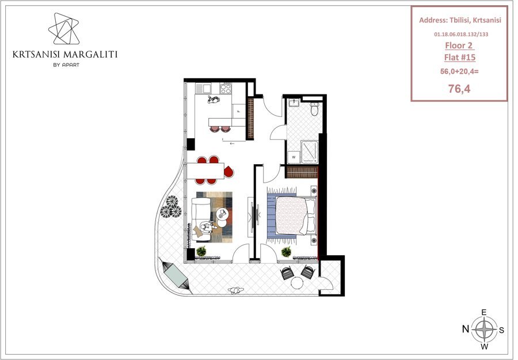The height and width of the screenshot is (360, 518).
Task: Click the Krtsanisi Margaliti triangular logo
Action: coord(64,29)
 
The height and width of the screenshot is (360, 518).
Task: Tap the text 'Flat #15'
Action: coord(459,57)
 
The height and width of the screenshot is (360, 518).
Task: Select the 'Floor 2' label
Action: coord(459,46)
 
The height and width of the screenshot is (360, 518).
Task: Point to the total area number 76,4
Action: coord(459,88)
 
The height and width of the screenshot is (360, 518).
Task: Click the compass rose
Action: coord(484,329)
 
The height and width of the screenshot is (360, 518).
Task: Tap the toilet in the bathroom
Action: coord(314,109)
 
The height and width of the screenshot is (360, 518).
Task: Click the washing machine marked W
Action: coord(294,157)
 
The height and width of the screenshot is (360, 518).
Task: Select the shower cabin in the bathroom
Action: coord(309,151)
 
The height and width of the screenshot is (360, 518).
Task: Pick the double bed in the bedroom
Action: coord(296,215)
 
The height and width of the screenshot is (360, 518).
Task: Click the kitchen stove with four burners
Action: coord(226,88)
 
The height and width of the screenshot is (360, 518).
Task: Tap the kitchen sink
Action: coord(203,88)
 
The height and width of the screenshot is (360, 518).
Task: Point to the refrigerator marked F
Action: coord(238,111)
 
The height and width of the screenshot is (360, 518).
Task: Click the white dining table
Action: coord(205,170)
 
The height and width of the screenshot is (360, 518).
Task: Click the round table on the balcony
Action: coord(297,283)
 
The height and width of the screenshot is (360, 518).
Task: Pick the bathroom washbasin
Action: coord(294,103)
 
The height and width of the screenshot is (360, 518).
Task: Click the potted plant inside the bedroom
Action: coord(286,252)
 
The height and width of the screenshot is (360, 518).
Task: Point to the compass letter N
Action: coord(466,329)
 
